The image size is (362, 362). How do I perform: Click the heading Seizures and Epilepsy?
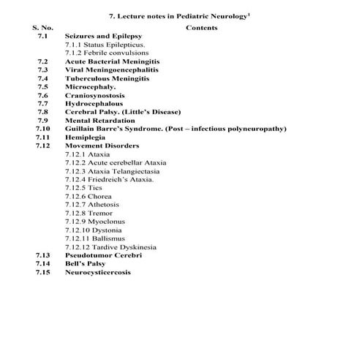pyautogui.click(x=103, y=35)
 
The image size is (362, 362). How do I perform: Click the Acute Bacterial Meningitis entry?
pyautogui.click(x=112, y=62)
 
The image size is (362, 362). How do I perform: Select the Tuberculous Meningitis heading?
pyautogui.click(x=109, y=78)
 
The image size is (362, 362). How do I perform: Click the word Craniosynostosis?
pyautogui.click(x=94, y=95)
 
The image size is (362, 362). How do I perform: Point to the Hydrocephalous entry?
pyautogui.click(x=94, y=104)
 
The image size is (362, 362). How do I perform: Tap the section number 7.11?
pyautogui.click(x=42, y=137)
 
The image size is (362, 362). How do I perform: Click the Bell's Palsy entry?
pyautogui.click(x=87, y=263)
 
